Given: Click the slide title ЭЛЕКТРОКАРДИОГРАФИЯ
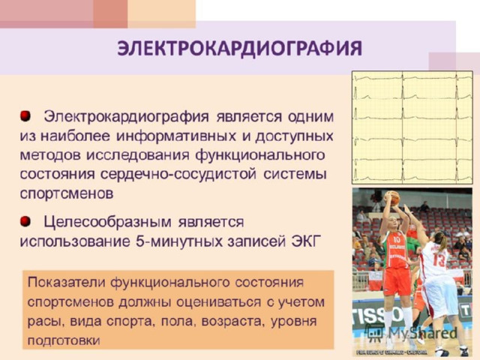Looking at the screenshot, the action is point(240,49).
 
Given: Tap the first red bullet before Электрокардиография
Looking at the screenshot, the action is point(25,116).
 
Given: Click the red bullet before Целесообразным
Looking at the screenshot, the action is point(25,221).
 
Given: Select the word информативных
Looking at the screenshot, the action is point(176,136).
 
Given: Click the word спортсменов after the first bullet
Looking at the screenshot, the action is point(67,193).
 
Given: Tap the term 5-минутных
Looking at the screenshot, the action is point(179,241).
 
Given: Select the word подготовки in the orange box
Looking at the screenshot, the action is point(64,340).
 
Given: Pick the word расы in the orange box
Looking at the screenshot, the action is point(45,322).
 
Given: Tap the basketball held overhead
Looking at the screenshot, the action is point(392,198).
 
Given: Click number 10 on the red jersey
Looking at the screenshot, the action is point(397,240).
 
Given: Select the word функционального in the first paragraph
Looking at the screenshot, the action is point(260,155).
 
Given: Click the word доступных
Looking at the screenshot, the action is point(295,136).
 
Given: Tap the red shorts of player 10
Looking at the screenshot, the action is point(397,281).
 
